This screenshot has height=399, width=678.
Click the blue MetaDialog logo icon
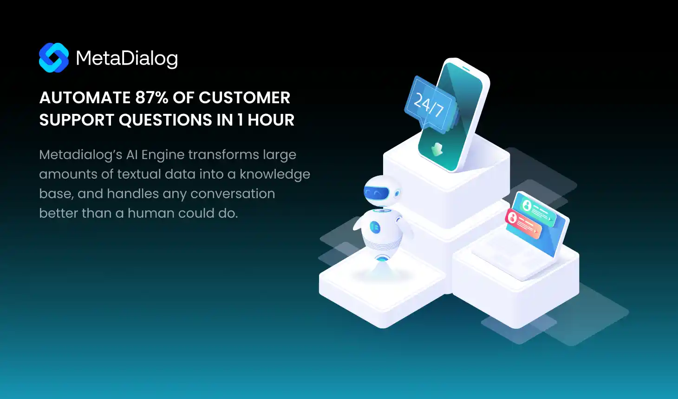coord(54,58)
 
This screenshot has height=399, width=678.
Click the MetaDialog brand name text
coord(127,59)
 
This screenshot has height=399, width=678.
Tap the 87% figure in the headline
coord(151,98)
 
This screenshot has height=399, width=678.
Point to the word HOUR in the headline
coord(271,120)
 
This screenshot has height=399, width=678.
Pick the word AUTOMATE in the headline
coord(85,98)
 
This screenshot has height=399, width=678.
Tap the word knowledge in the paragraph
coord(274,174)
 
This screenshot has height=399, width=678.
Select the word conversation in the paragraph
coord(233,194)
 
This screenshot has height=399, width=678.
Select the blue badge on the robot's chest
coord(375,227)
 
